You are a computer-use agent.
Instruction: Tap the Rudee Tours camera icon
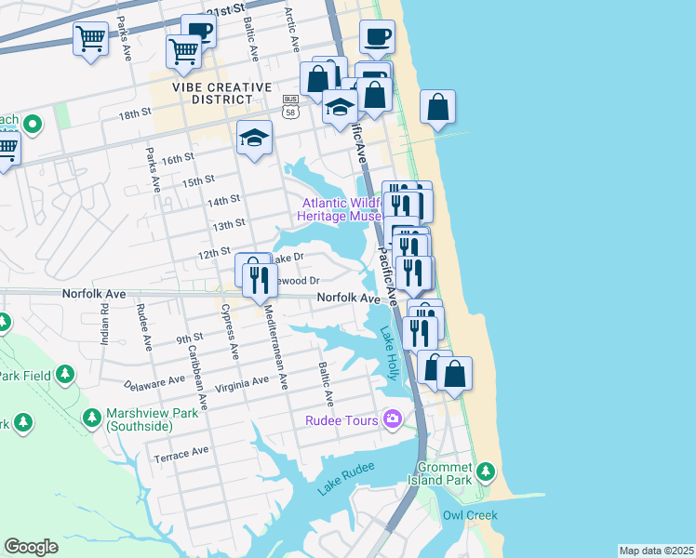(394, 420)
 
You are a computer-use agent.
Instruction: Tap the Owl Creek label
(470, 515)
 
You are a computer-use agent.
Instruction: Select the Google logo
(31, 546)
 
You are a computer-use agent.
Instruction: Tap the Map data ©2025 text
(655, 551)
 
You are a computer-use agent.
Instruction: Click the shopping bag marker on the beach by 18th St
(437, 107)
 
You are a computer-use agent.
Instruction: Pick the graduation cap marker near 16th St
(254, 139)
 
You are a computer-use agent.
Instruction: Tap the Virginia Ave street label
(241, 383)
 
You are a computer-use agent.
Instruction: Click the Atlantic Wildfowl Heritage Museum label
(338, 209)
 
